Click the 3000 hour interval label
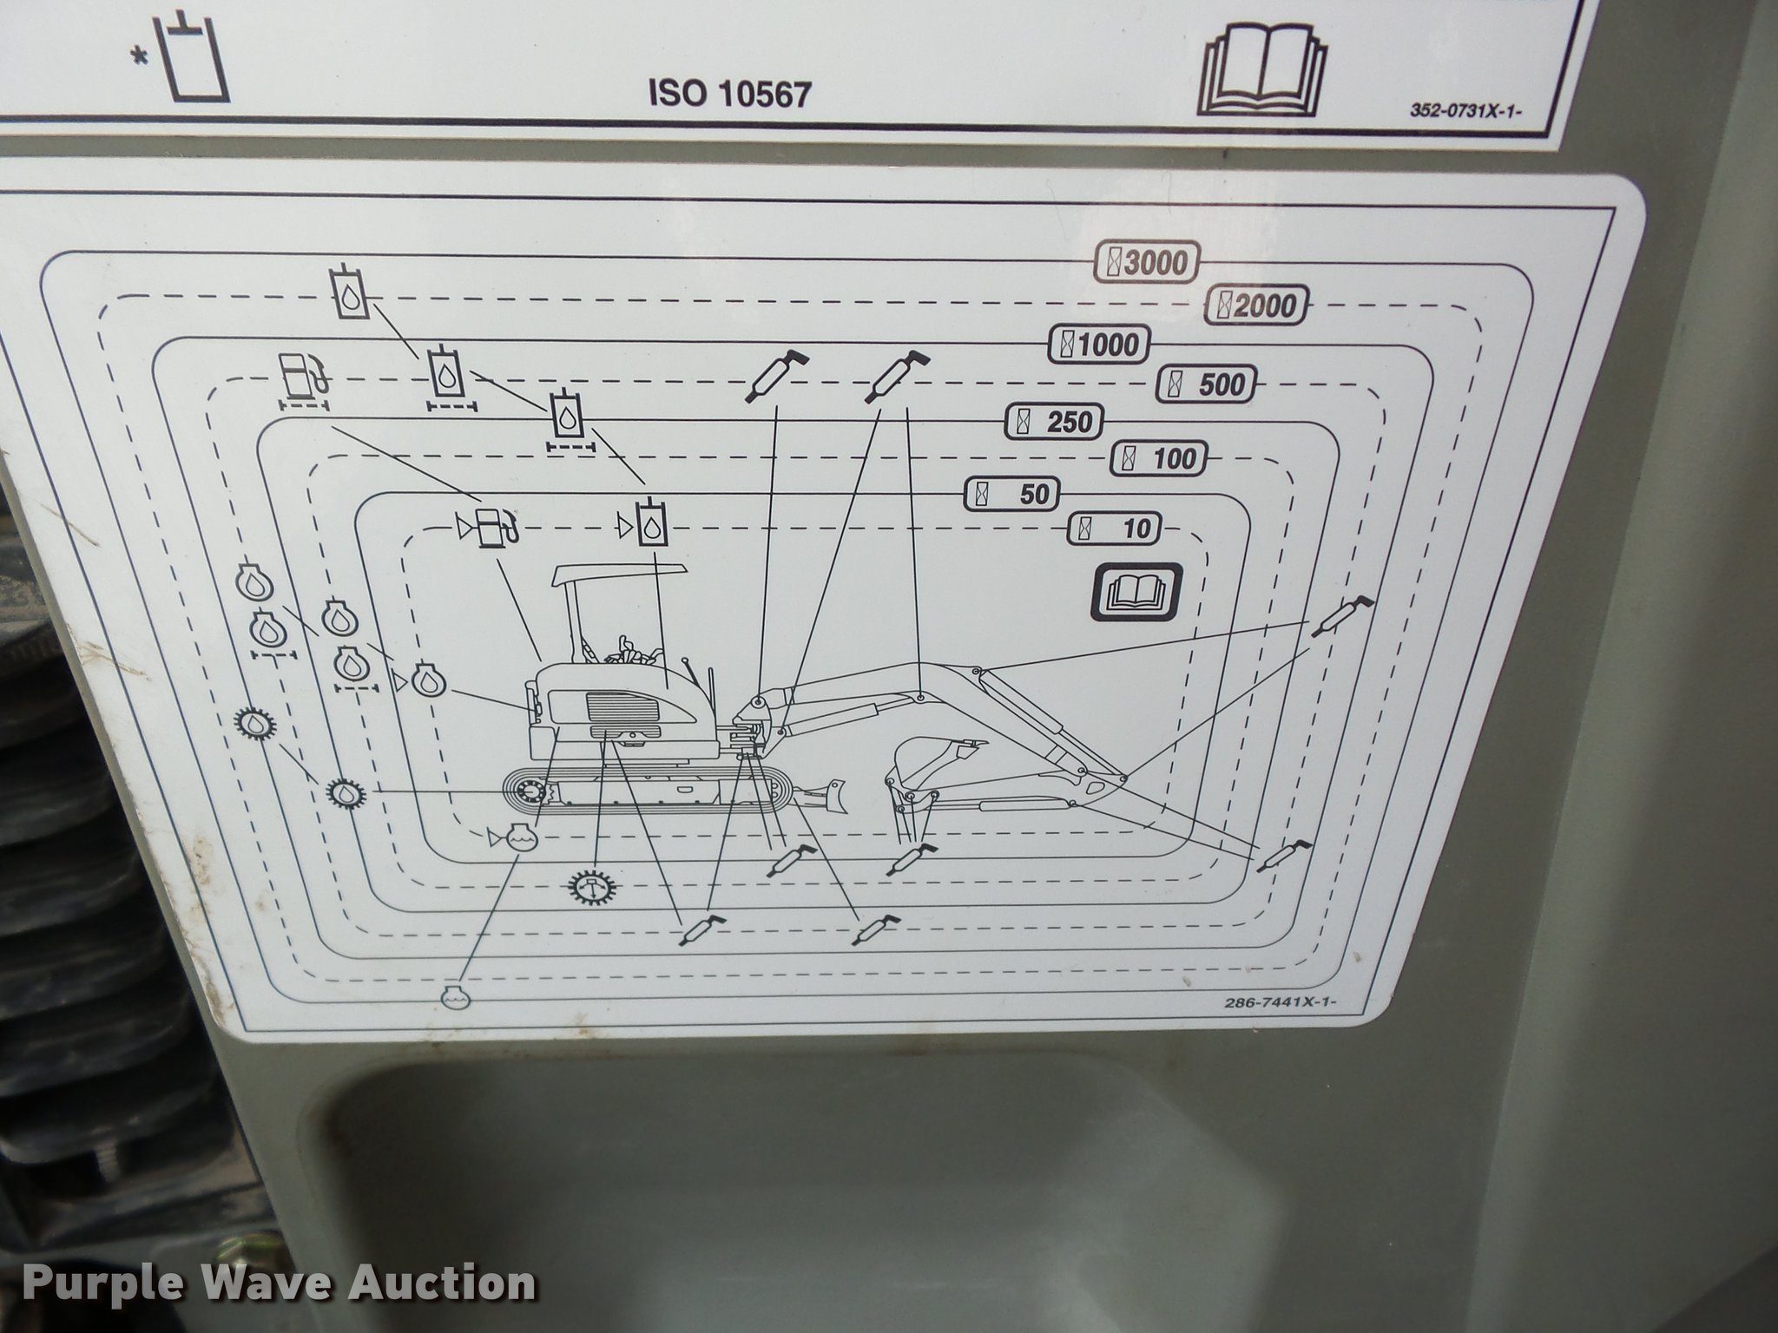click(x=1147, y=261)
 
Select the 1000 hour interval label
click(x=1099, y=345)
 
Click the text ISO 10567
click(x=729, y=94)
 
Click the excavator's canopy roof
click(x=620, y=574)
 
